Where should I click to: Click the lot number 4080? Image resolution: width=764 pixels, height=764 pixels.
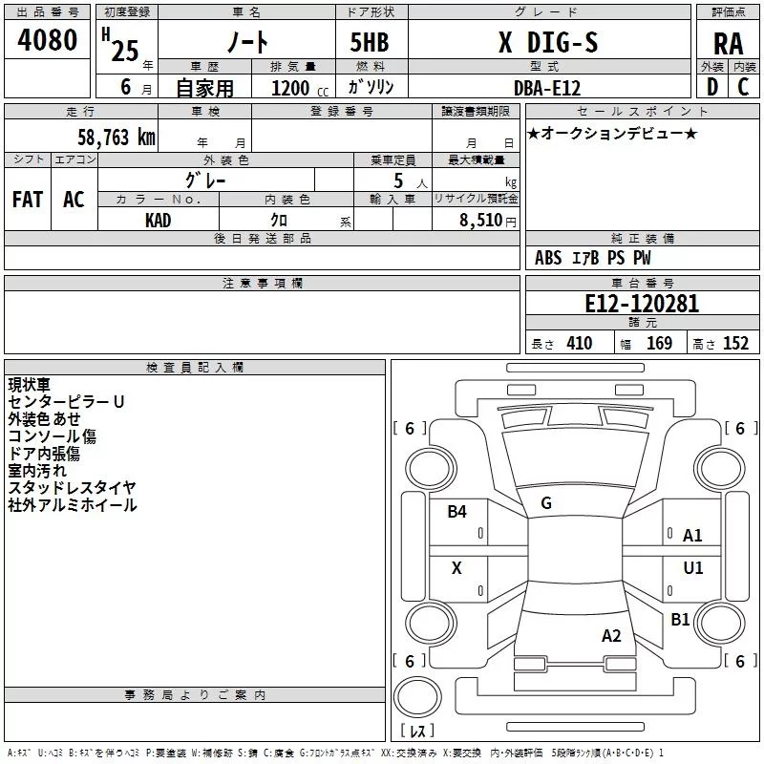(x=47, y=39)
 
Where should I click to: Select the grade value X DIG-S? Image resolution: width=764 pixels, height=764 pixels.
(x=548, y=42)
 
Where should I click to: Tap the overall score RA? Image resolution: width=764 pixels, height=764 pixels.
(x=729, y=44)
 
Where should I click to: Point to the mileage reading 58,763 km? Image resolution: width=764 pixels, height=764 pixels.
(x=117, y=138)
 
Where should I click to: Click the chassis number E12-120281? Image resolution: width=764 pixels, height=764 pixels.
(x=642, y=304)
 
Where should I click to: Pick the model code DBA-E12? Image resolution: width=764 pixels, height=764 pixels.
(x=547, y=88)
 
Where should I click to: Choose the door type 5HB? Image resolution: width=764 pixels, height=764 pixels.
(x=370, y=42)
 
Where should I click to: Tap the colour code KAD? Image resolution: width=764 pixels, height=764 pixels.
(x=158, y=221)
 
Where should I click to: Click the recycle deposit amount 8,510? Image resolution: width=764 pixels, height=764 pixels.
(x=480, y=220)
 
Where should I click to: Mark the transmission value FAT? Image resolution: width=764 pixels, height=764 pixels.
(x=28, y=200)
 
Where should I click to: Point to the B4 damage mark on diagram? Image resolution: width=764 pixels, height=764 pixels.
(x=456, y=512)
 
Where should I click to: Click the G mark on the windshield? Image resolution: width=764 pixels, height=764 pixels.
(x=546, y=503)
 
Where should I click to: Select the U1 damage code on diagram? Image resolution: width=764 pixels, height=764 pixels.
(x=693, y=567)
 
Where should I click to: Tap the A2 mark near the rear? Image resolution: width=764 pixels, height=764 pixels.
(x=611, y=635)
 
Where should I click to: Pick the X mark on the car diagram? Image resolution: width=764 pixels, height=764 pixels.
(x=456, y=567)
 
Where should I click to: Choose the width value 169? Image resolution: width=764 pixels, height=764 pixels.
(x=659, y=343)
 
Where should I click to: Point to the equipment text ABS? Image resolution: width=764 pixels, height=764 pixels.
(x=548, y=258)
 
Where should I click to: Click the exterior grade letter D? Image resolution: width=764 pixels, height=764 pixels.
(x=712, y=87)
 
